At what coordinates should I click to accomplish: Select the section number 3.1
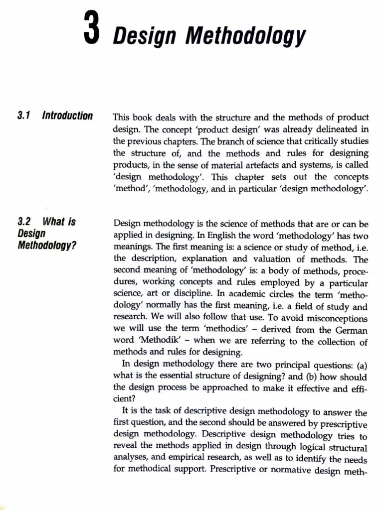24,116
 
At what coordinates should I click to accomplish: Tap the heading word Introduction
67,116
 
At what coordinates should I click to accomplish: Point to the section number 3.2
24,222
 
